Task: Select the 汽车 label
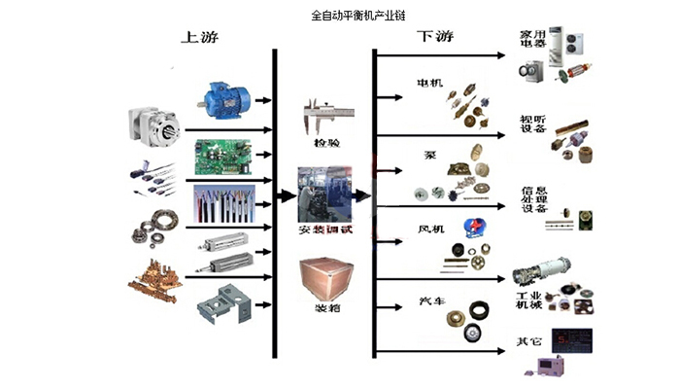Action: pyautogui.click(x=428, y=302)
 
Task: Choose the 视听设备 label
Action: pyautogui.click(x=534, y=124)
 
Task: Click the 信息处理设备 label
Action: pyautogui.click(x=535, y=200)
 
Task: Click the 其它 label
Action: pyautogui.click(x=528, y=340)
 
